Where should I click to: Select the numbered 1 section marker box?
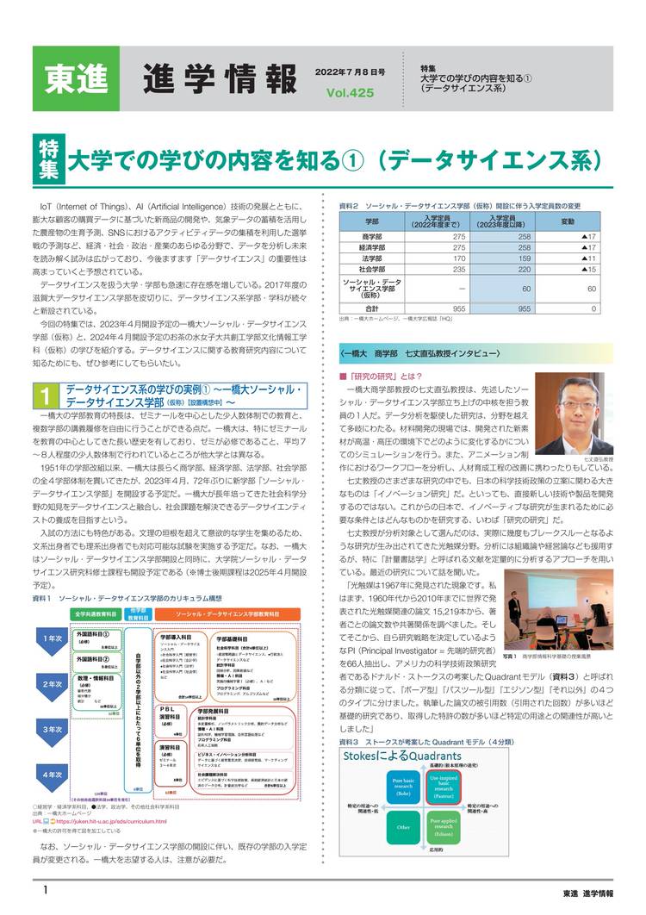[44, 395]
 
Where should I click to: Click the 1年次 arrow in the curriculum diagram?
[51, 638]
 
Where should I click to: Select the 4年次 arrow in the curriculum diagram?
[51, 774]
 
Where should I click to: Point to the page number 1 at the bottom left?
[38, 888]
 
